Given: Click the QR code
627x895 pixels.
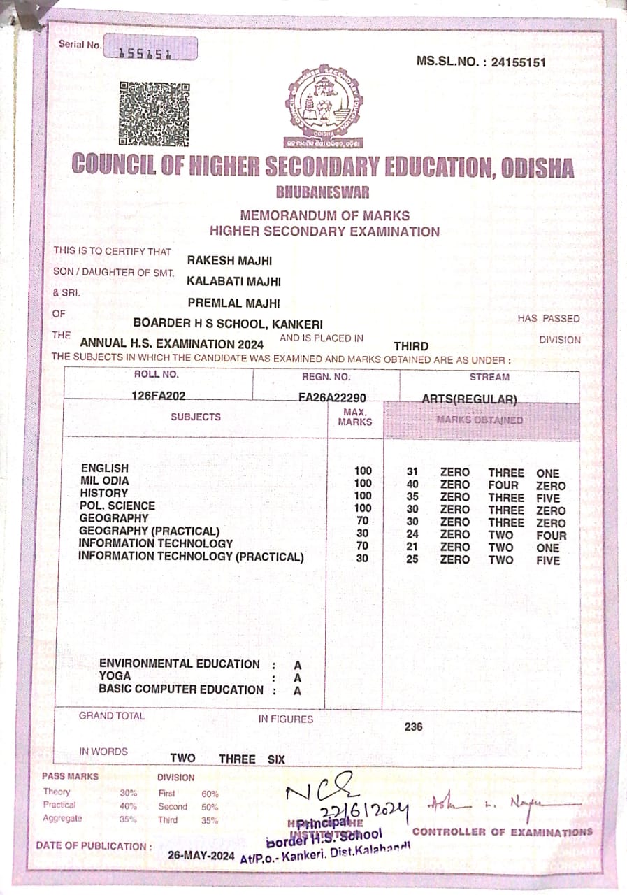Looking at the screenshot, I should (154, 113).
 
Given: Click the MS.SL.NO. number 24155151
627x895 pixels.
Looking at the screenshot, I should (519, 62).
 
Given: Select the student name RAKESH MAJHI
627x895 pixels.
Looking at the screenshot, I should (229, 261).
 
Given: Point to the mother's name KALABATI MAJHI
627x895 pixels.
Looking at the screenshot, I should (233, 281).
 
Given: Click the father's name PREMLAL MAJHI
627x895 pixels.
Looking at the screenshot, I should (234, 303).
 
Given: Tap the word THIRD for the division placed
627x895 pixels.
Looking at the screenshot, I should (411, 346).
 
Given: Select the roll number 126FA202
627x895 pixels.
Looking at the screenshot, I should (159, 396).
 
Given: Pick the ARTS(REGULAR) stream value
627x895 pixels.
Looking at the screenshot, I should (469, 399).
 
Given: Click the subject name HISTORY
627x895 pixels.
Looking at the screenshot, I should (104, 493).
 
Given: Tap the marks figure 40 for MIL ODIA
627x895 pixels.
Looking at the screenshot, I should (412, 485).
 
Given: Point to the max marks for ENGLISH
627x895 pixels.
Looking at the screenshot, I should (363, 471).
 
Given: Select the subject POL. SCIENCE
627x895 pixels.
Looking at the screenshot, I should (117, 506).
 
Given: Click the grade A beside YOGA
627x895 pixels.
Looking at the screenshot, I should (297, 678).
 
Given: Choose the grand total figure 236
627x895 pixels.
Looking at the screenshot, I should (413, 726).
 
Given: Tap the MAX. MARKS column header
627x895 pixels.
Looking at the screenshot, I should (355, 417).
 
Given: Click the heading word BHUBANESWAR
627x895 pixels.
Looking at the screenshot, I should (322, 192).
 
